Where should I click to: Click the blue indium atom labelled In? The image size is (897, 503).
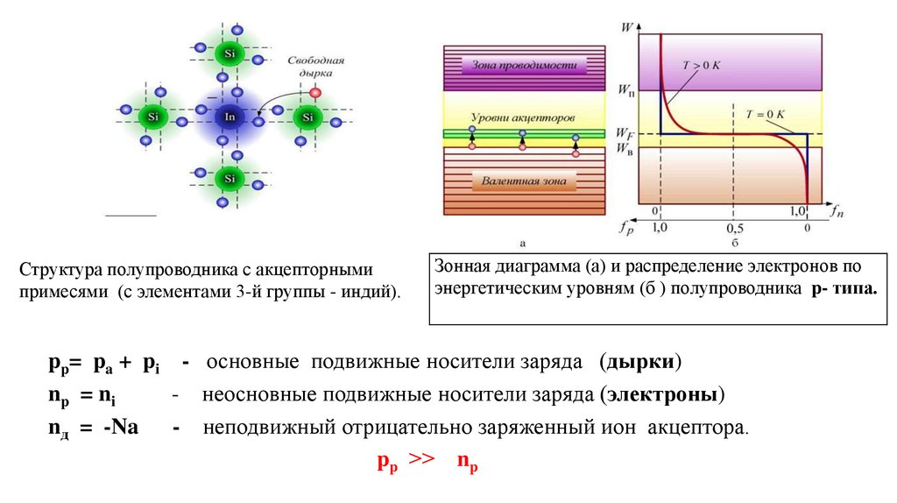coord(230,117)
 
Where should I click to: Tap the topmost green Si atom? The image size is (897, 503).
coord(230,53)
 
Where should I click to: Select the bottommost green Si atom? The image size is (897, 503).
coord(230,179)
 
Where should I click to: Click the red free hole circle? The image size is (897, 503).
coord(314,93)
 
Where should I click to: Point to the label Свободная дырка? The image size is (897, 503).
coord(315,67)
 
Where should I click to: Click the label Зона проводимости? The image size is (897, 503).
coord(524,65)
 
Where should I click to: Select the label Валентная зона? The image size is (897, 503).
coord(524,181)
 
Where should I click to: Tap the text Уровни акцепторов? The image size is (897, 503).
coord(523,117)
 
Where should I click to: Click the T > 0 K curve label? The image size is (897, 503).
coord(701,66)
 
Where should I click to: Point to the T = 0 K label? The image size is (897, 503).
coord(764,115)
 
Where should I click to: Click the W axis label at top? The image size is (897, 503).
coord(627,27)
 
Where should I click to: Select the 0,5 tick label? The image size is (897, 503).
coord(735,229)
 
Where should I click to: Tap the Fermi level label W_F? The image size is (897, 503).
coord(624,134)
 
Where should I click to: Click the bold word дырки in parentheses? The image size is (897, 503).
coord(640,362)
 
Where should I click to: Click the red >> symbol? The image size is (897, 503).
coord(421,458)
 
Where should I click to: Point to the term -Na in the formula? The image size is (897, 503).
coord(121,427)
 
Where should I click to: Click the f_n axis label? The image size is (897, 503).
coord(837,212)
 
